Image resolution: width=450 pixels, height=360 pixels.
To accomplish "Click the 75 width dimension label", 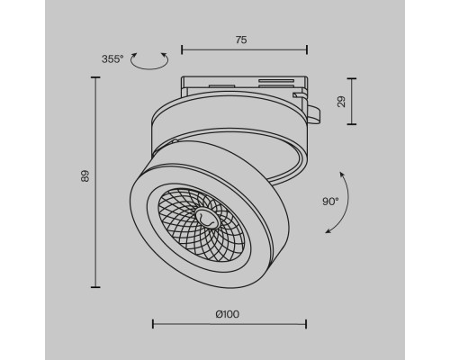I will coord(240,40).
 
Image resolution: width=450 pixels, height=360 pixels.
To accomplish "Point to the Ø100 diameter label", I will coord(228,313).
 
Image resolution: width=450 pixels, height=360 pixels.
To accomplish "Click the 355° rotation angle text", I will coord(113,60).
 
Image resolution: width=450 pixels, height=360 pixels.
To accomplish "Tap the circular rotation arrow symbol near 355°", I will coord(149,60).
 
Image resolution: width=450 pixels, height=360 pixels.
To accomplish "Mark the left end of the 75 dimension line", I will coord(181,49).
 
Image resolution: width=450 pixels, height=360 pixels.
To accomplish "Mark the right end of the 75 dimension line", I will coord(306,49).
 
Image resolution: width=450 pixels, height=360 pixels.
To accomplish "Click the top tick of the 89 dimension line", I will coord(95,77).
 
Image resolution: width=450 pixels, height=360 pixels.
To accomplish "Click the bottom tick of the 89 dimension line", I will coord(95,286).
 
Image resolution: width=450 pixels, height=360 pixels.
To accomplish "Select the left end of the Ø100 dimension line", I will coord(151,322).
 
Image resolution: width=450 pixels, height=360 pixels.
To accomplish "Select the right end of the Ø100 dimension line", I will coord(306,322).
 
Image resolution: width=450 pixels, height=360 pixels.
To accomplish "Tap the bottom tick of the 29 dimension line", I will coord(349,124).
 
